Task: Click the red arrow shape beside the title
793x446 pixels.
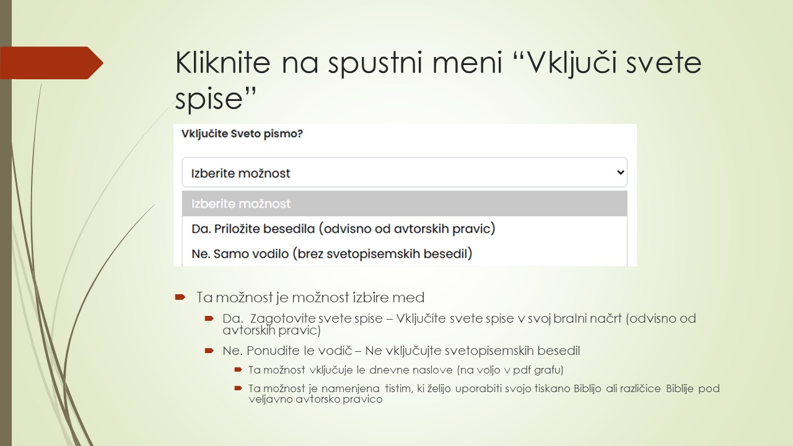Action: coord(52,63)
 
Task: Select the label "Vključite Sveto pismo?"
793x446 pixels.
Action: coord(242,133)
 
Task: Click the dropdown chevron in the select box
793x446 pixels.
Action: coord(620,173)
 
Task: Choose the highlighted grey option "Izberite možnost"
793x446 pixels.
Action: coord(241,204)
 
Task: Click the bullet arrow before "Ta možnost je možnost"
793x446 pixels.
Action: coord(180,297)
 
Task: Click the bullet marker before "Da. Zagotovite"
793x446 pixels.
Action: coord(209,318)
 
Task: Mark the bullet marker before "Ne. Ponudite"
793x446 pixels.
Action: coord(209,351)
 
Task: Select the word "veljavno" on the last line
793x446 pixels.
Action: coord(269,400)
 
